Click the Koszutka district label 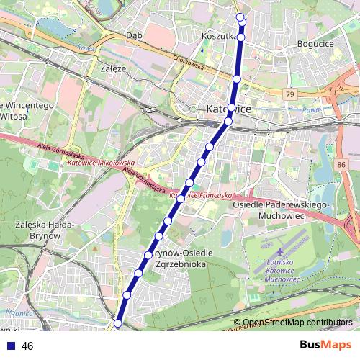[220, 35]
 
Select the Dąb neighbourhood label [133, 35]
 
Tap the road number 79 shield [289, 94]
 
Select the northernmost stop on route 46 [240, 18]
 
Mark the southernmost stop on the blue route [118, 325]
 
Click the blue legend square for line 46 [9, 346]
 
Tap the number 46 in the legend [27, 346]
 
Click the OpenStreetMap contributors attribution [297, 323]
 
